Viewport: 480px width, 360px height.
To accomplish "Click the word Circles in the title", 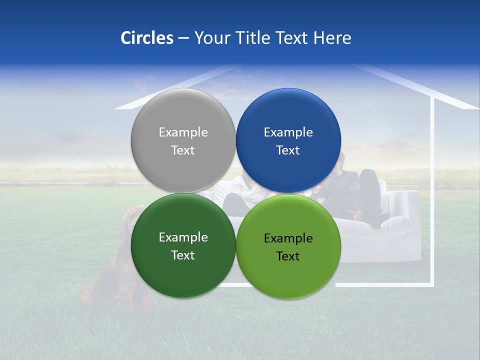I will [146, 38].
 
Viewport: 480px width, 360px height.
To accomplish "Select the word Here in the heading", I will [332, 38].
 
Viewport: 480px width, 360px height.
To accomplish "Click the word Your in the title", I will [212, 38].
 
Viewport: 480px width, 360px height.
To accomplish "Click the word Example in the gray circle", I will [183, 132].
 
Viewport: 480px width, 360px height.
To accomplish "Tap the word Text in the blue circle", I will [288, 150].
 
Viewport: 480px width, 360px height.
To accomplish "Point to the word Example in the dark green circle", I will [183, 237].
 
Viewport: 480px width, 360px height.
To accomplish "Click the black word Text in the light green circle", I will [288, 256].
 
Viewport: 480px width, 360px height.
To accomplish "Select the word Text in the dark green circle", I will [183, 255].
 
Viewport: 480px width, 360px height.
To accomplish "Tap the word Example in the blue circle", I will [288, 132].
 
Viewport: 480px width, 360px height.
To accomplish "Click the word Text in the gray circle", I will [183, 150].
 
